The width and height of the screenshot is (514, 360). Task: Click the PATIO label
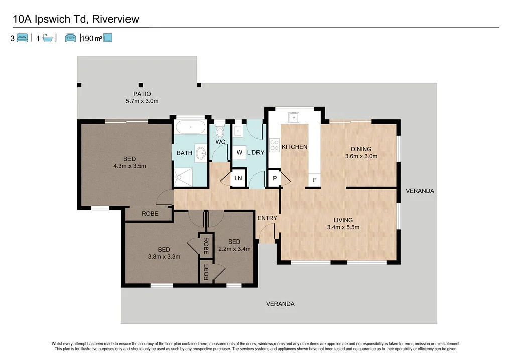coord(142,94)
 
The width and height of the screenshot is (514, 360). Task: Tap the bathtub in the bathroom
coord(190,127)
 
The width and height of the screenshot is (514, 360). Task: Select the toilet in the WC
coord(219,132)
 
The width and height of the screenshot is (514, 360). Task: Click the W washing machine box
coord(239,152)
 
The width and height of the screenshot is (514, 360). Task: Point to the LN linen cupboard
coord(238,178)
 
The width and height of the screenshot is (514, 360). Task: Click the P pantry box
coord(275,178)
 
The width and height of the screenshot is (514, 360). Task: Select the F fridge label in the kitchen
coord(315,180)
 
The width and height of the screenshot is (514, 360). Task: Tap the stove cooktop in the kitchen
coord(275,145)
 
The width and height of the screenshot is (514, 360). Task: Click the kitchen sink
coord(294,118)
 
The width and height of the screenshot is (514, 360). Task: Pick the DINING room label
coord(361,149)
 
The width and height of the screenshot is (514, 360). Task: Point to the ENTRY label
coord(267,218)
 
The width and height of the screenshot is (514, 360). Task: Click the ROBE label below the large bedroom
coord(150,213)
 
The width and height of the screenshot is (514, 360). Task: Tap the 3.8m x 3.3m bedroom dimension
coord(164,256)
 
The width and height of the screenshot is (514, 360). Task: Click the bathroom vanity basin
coord(201,152)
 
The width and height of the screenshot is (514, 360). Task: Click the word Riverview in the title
coord(115,19)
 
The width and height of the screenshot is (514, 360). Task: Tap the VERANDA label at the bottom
coord(280,304)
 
